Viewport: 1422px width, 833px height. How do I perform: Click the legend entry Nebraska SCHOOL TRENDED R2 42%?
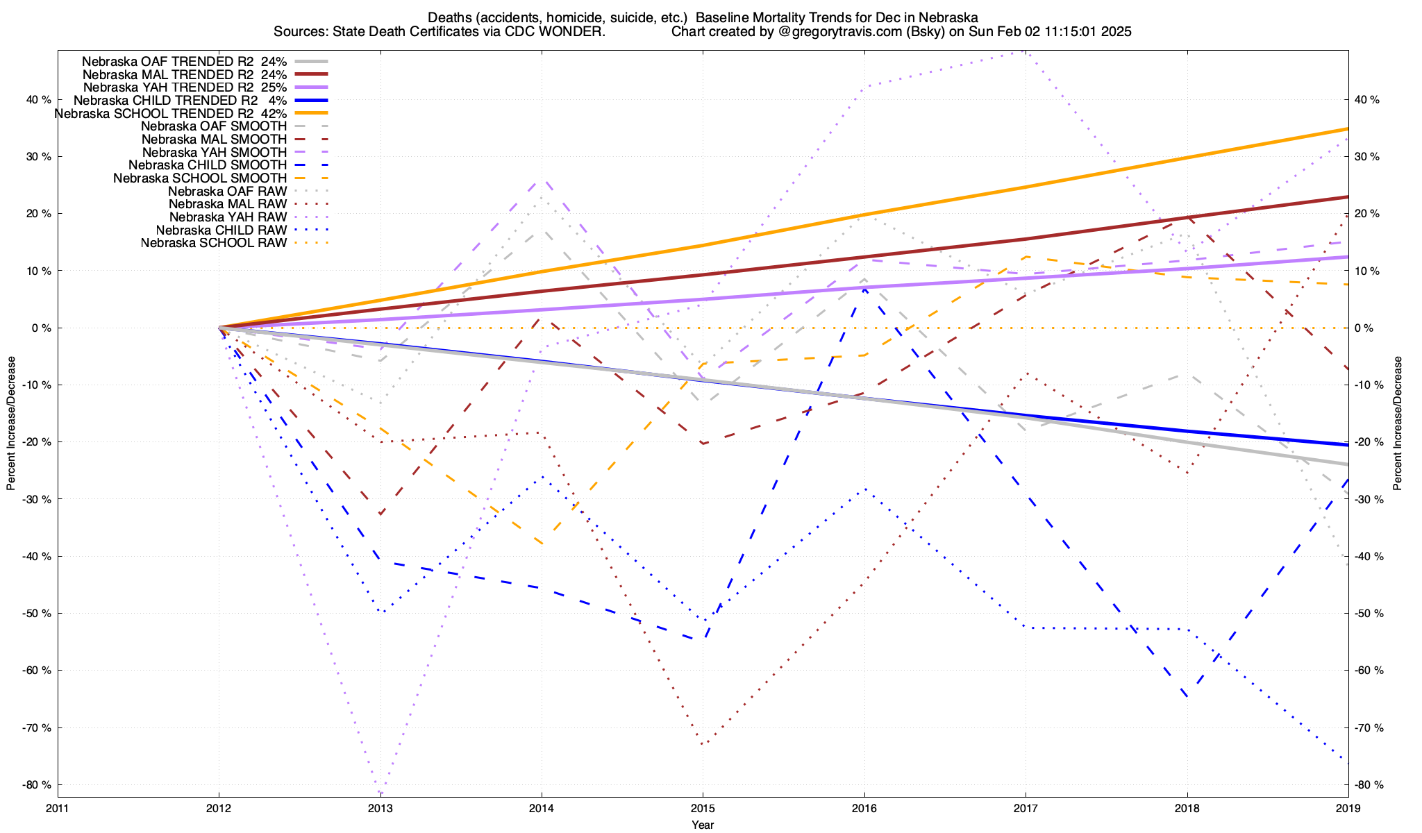point(171,113)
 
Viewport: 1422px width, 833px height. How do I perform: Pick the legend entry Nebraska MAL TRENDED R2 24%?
point(185,74)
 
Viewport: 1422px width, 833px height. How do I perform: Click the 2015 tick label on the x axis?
point(703,808)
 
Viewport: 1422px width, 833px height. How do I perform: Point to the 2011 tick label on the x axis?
point(58,808)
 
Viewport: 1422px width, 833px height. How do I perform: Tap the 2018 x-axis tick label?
point(1187,808)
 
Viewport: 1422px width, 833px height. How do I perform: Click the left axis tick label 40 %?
point(38,100)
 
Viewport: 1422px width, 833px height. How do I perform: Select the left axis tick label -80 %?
point(37,785)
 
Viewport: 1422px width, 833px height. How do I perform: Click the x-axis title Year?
point(703,825)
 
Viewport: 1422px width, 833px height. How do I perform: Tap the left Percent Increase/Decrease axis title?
point(11,423)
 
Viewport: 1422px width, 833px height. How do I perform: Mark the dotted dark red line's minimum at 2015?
point(703,744)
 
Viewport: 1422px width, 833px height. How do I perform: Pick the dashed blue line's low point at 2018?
point(1187,697)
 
